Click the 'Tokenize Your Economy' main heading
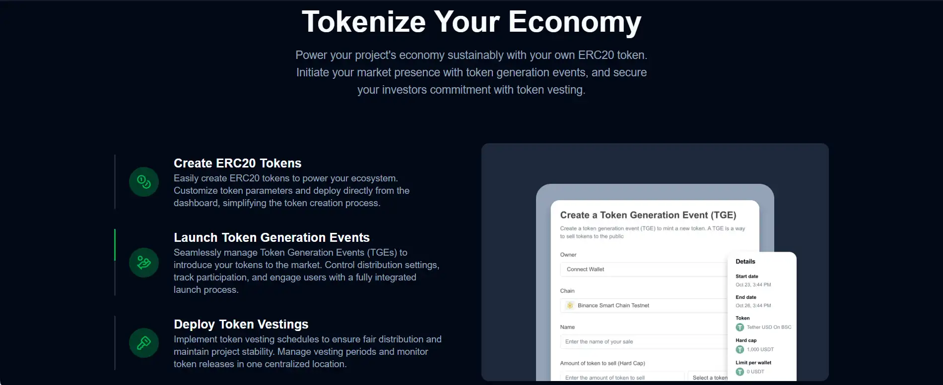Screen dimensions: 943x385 click(471, 22)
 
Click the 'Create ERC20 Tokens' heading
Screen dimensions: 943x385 click(238, 163)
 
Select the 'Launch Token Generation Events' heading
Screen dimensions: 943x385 click(272, 237)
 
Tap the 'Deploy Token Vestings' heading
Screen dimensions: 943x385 click(241, 324)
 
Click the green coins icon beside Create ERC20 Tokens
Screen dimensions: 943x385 click(144, 182)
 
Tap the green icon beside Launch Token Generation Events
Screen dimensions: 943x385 click(144, 263)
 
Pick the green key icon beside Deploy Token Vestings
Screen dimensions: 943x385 click(144, 343)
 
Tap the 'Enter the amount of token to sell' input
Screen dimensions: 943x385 click(622, 377)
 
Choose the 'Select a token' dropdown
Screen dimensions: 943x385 click(708, 377)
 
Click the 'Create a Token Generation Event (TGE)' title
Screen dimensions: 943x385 click(648, 215)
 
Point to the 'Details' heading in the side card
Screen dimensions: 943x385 click(745, 262)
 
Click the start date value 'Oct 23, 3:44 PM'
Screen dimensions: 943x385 click(753, 285)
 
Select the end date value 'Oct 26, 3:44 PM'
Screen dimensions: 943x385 click(753, 306)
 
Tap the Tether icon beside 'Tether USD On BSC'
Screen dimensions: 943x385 click(740, 328)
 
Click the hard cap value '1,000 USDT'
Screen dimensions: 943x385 click(760, 349)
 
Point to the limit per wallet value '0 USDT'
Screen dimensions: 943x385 click(755, 372)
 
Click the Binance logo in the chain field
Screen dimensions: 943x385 click(570, 305)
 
